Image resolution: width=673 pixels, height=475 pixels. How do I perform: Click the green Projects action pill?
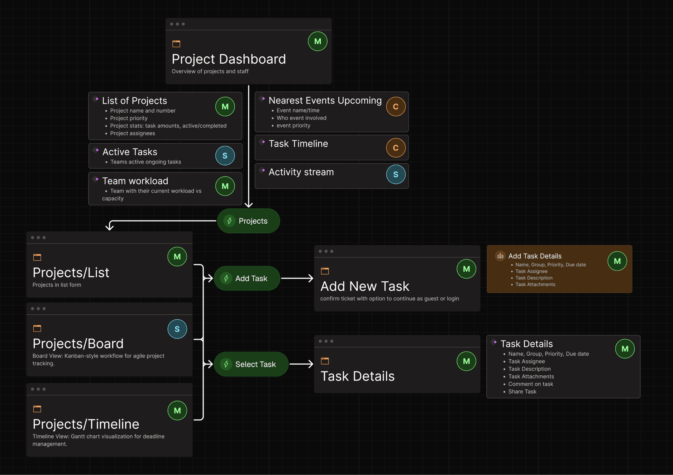pyautogui.click(x=248, y=221)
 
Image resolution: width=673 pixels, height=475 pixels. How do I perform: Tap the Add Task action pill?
pyautogui.click(x=247, y=278)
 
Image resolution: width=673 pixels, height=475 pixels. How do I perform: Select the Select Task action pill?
pyautogui.click(x=251, y=364)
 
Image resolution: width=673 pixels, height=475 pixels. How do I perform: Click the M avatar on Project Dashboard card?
pyautogui.click(x=317, y=41)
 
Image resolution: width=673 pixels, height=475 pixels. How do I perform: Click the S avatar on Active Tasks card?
pyautogui.click(x=225, y=156)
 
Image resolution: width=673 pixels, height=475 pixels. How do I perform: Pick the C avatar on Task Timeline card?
pyautogui.click(x=396, y=148)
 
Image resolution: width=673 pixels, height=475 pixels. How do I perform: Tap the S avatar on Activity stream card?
pyautogui.click(x=396, y=174)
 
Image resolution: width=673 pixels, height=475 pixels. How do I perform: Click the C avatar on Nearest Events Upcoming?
pyautogui.click(x=396, y=107)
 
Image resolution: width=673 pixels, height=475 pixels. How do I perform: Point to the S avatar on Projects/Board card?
pyautogui.click(x=177, y=329)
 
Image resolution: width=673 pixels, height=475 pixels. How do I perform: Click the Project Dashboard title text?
pyautogui.click(x=229, y=59)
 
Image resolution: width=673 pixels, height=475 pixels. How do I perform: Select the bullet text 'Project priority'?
pyautogui.click(x=129, y=118)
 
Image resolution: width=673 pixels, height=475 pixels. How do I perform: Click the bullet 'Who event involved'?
pyautogui.click(x=301, y=118)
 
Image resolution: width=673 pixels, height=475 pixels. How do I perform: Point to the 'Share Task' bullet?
pyautogui.click(x=522, y=391)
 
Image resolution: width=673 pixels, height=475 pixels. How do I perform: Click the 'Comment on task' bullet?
pyautogui.click(x=531, y=384)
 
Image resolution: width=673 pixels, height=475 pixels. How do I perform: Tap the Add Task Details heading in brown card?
pyautogui.click(x=535, y=256)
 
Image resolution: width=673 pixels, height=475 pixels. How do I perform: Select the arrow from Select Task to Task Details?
pyautogui.click(x=301, y=364)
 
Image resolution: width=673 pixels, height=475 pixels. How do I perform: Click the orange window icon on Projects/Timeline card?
pyautogui.click(x=37, y=409)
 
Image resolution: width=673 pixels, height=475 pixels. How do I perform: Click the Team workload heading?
pyautogui.click(x=135, y=181)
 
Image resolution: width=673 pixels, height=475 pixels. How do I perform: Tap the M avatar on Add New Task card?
pyautogui.click(x=466, y=269)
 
